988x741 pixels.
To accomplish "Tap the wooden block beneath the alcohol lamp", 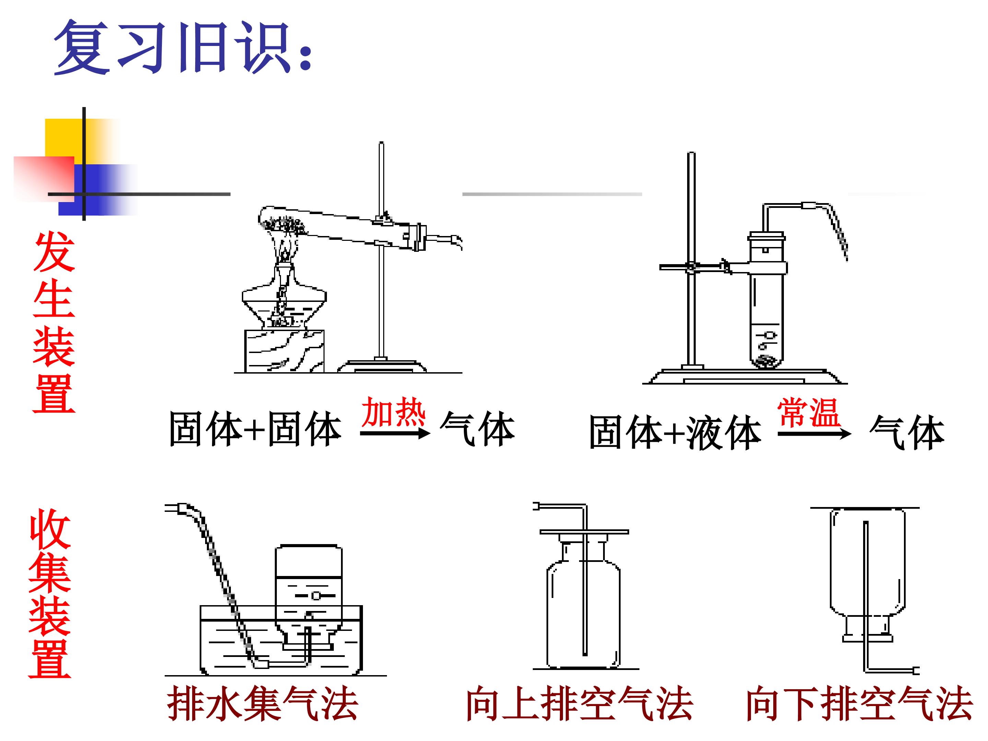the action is point(284,351).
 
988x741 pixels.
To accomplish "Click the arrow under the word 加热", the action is point(395,433).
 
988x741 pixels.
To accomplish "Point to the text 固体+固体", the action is point(255,429).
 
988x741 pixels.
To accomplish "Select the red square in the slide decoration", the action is point(44,179).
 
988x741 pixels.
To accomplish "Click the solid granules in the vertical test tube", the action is point(766,361).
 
